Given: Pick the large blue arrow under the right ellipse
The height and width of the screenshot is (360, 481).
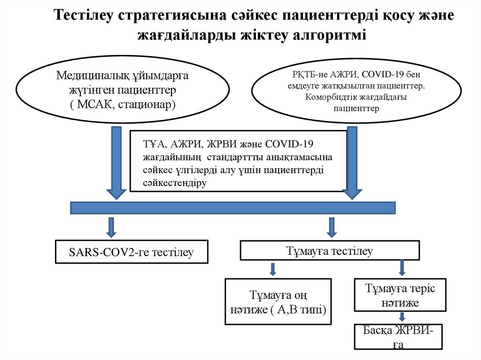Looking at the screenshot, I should (351, 162).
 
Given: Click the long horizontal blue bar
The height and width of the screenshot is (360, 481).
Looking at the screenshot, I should (233, 208).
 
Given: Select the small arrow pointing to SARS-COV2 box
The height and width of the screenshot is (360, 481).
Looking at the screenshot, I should (111, 227).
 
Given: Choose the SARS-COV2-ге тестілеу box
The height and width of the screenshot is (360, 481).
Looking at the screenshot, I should (131, 252).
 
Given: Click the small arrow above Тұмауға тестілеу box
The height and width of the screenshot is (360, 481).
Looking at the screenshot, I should (332, 227).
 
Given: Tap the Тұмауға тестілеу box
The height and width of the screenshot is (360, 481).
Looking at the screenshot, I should (329, 251).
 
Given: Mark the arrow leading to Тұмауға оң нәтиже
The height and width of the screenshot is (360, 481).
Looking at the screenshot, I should (272, 269).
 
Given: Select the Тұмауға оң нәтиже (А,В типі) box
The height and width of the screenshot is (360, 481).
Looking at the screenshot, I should (278, 302).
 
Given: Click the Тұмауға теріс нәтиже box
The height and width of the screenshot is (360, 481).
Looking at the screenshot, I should (400, 295).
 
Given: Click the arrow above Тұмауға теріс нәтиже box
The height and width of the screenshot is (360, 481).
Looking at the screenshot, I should (402, 268).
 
